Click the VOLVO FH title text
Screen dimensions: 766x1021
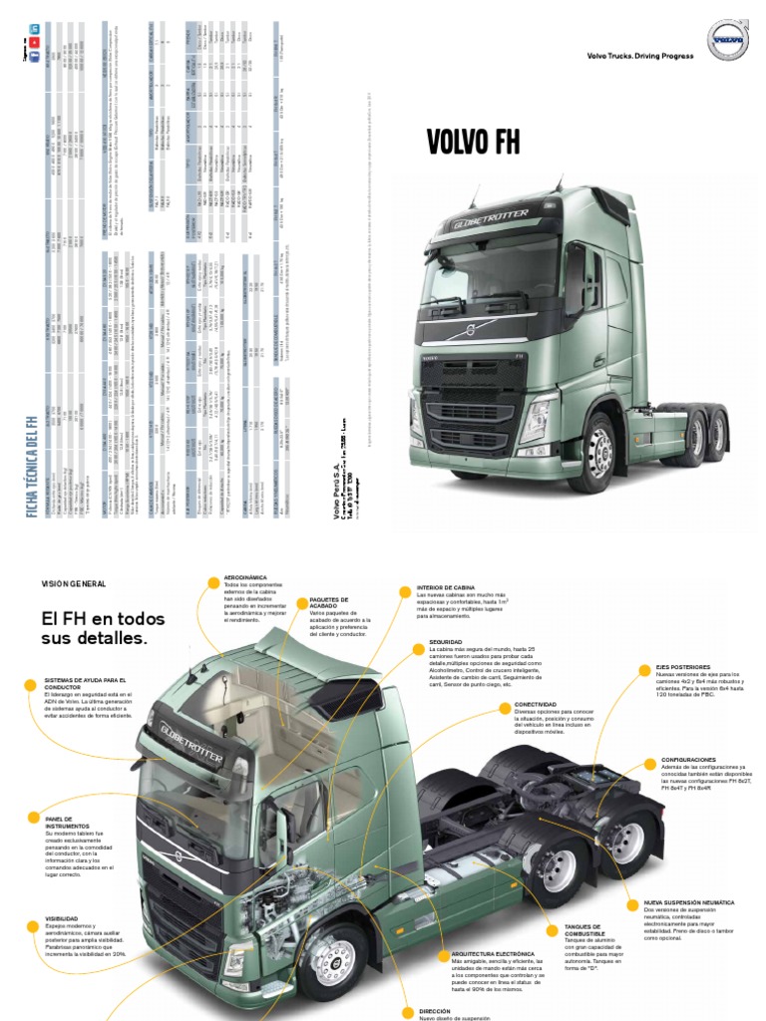click(473, 142)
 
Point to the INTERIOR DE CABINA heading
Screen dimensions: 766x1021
click(448, 588)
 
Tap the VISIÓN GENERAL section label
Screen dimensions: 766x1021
click(73, 582)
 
